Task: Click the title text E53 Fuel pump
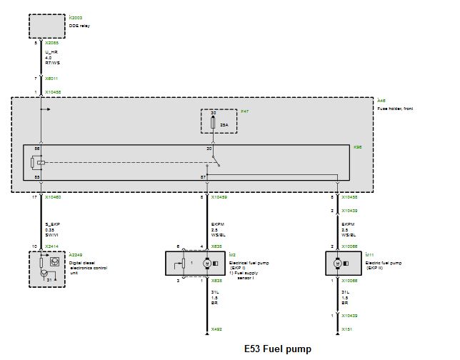(x=278, y=350)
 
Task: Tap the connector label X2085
(x=52, y=44)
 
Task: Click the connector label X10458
(x=54, y=91)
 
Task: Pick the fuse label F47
(x=245, y=112)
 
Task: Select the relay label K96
(x=357, y=148)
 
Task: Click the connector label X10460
(x=54, y=196)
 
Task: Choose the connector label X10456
(x=349, y=196)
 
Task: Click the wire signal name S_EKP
(x=52, y=226)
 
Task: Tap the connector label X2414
(x=52, y=246)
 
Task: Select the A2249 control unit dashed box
(x=46, y=268)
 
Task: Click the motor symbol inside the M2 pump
(x=206, y=264)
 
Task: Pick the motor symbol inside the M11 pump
(x=336, y=264)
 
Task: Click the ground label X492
(x=216, y=330)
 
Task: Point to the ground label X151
(x=346, y=330)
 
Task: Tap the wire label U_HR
(x=51, y=53)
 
